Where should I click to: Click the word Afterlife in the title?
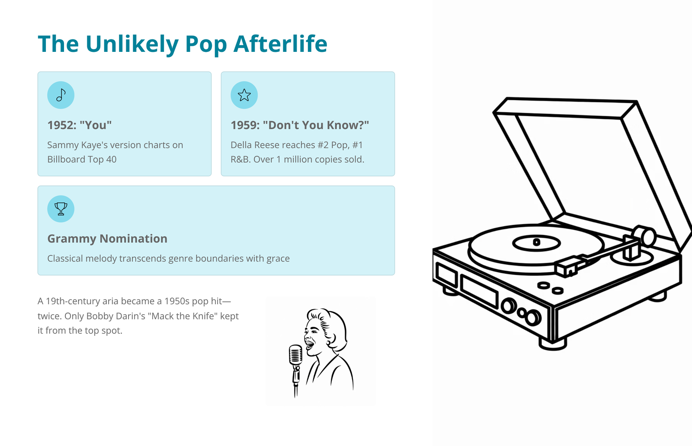[280, 44]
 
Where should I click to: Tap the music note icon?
[61, 95]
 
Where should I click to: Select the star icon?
[244, 95]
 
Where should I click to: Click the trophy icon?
[61, 209]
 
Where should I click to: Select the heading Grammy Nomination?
[107, 239]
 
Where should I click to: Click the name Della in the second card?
[241, 145]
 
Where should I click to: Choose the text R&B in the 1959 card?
[240, 159]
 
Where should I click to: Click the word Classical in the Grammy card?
[65, 258]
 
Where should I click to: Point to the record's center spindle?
[537, 242]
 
